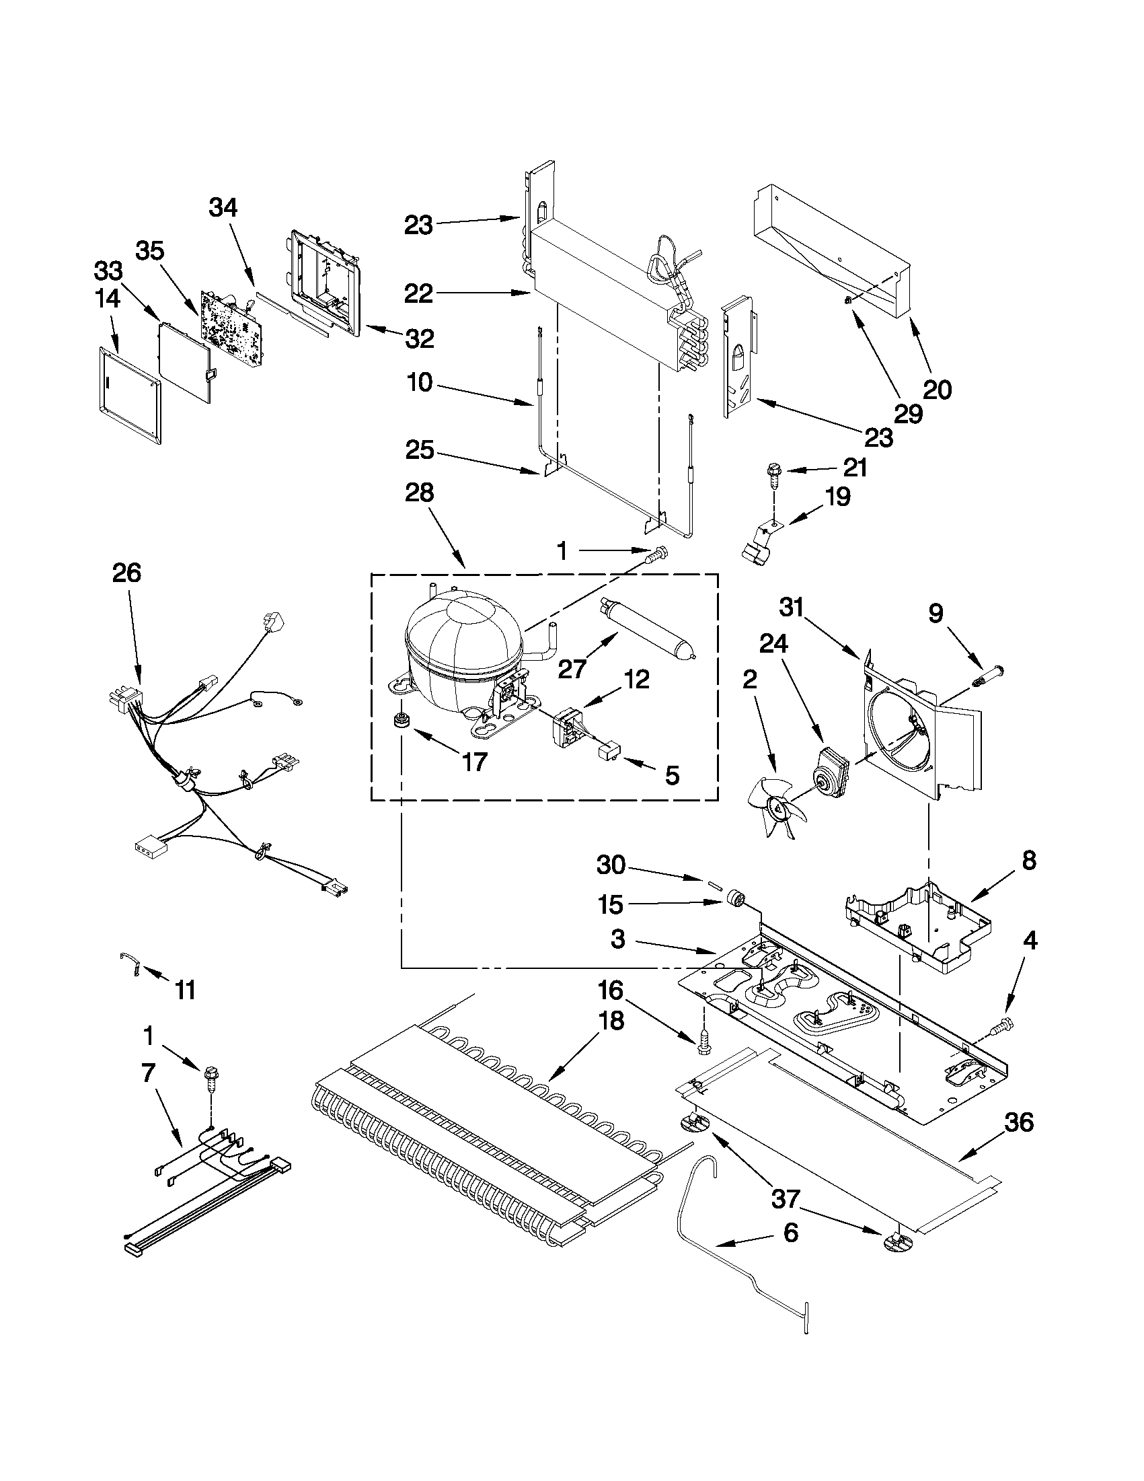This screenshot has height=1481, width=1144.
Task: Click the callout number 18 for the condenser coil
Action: click(612, 1040)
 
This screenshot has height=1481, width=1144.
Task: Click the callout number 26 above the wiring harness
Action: click(126, 573)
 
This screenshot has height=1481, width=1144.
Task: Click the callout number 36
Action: click(1019, 1123)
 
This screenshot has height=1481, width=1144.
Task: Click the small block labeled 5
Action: click(608, 751)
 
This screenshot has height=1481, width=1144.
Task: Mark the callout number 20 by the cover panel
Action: click(938, 389)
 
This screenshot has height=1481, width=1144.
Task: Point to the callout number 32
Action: click(420, 338)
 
